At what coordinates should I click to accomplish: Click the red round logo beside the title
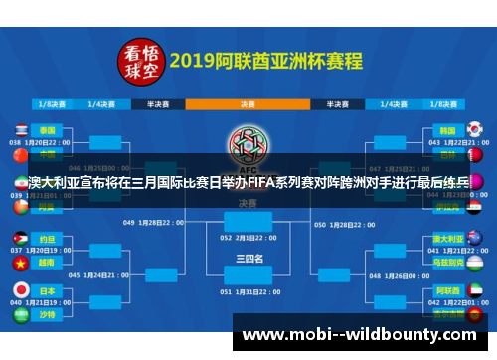pos(140,61)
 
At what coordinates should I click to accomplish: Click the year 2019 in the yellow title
pos(196,60)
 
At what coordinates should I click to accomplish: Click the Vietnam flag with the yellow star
pos(19,264)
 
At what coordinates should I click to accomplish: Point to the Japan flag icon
pos(19,289)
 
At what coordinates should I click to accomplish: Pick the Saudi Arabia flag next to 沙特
pos(19,314)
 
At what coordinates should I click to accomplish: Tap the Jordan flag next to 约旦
pos(19,240)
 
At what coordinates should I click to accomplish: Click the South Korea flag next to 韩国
pos(474,130)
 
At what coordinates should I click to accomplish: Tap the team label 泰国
pos(48,130)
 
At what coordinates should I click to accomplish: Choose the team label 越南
pos(48,264)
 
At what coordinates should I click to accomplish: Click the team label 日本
pos(48,289)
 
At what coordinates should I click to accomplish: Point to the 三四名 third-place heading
pos(248,259)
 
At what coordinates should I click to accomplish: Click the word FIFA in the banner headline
pos(273,183)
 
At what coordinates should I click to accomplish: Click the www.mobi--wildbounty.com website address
pos(360,335)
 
